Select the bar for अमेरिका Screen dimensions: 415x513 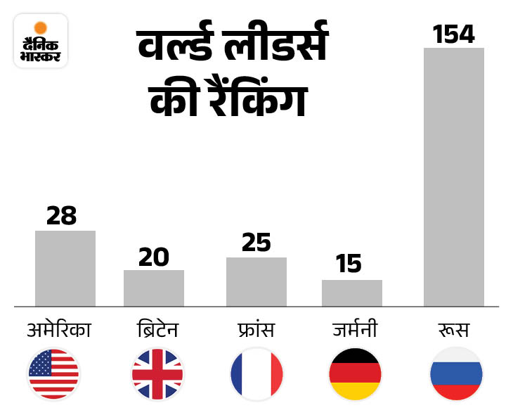pyautogui.click(x=65, y=269)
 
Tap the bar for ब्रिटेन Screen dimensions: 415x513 pyautogui.click(x=154, y=288)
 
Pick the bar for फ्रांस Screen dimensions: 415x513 pyautogui.click(x=256, y=282)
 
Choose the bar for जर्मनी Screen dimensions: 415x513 pyautogui.click(x=352, y=293)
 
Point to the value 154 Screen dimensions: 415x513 pyautogui.click(x=454, y=33)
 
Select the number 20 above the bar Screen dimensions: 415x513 pyautogui.click(x=153, y=257)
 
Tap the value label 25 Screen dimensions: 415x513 pyautogui.click(x=256, y=243)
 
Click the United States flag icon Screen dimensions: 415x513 pyautogui.click(x=54, y=373)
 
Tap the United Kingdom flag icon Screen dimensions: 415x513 pyautogui.click(x=157, y=373)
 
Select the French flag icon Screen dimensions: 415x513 pyautogui.click(x=256, y=373)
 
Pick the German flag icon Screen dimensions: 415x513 pyautogui.click(x=355, y=373)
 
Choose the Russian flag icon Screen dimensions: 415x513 pyautogui.click(x=456, y=373)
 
